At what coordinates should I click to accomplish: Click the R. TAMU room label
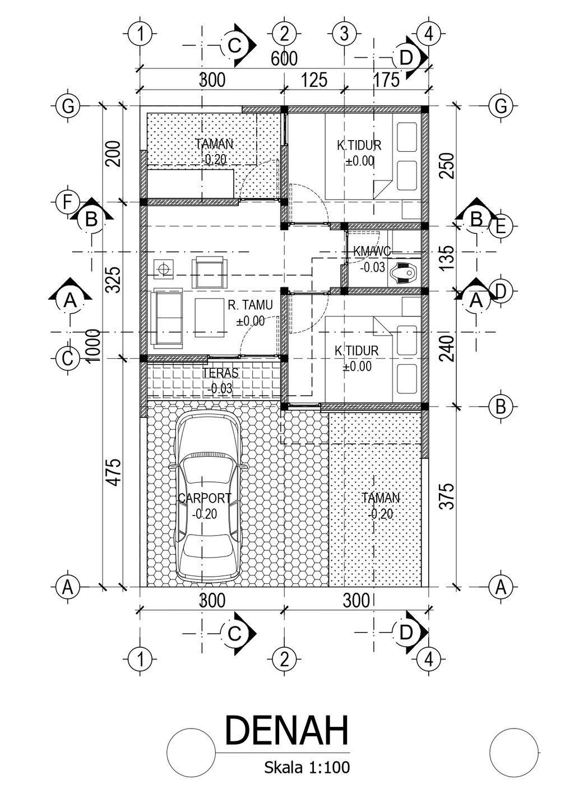coord(250,305)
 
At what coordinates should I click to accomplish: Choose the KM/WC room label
coord(372,252)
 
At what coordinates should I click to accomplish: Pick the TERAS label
coord(220,373)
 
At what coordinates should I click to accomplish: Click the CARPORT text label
coord(204,498)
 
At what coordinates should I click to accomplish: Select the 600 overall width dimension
coord(284,58)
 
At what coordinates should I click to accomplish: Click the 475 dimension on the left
coord(114,472)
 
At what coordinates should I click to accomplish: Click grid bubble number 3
coord(344,34)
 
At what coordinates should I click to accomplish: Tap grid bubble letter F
coord(67,202)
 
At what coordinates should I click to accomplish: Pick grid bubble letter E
coord(500,226)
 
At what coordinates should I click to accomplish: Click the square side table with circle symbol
coord(165,269)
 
